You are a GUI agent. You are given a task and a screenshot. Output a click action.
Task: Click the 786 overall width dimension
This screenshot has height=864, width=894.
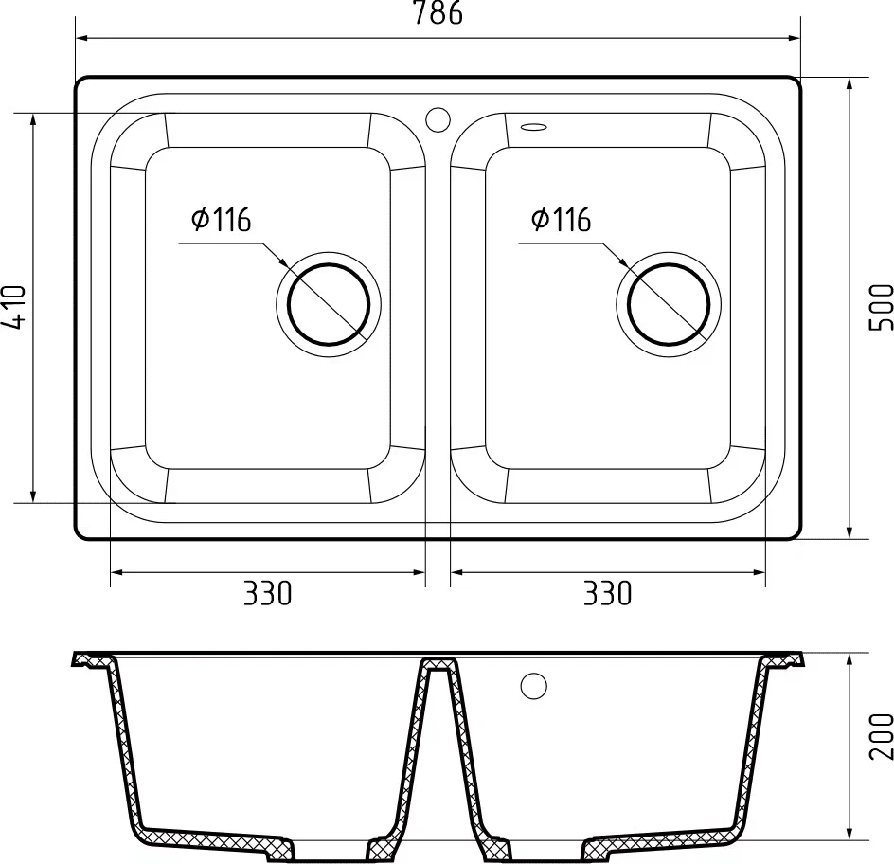tap(438, 14)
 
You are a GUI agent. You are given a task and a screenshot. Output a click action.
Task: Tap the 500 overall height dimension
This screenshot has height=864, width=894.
tap(881, 306)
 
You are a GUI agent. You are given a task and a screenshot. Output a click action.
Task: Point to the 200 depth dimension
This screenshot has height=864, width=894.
tap(881, 737)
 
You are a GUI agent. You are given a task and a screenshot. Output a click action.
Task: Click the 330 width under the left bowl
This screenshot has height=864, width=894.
tap(268, 594)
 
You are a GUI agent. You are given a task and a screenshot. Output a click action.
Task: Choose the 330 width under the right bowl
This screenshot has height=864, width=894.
tap(607, 594)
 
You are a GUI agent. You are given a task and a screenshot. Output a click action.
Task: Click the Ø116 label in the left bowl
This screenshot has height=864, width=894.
tap(220, 221)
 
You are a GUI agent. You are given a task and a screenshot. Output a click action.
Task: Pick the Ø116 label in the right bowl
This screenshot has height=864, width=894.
tap(561, 221)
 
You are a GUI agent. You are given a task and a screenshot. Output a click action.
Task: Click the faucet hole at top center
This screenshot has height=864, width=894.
tap(438, 119)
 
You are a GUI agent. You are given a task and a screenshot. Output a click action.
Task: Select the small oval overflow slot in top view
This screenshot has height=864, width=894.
tap(533, 125)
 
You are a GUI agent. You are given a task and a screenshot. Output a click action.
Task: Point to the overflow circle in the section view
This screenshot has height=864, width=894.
tap(533, 686)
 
